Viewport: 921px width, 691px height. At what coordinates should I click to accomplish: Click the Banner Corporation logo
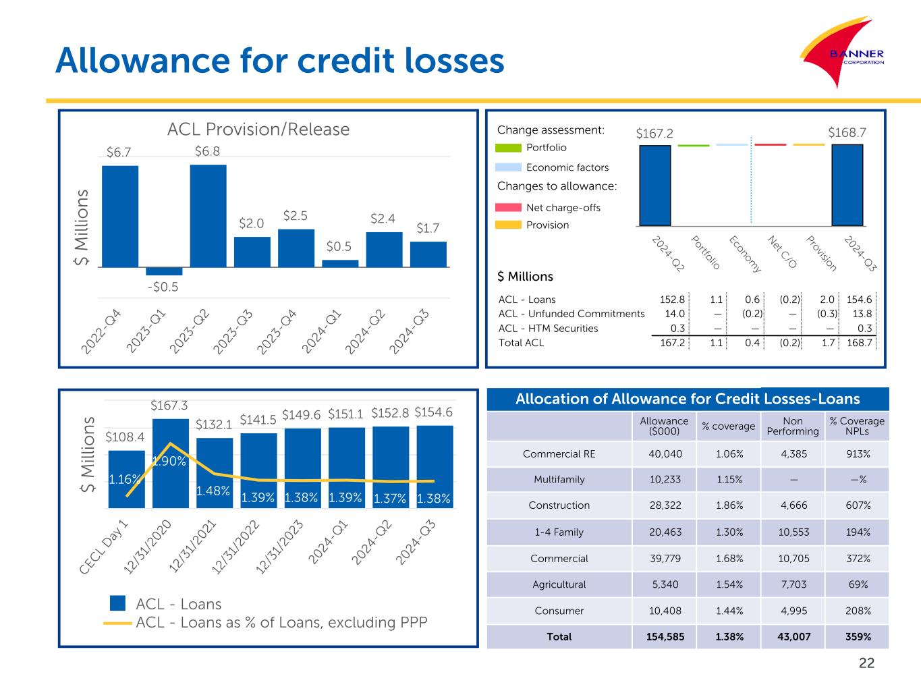coord(843,55)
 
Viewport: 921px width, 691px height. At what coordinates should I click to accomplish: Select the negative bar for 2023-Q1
coord(164,271)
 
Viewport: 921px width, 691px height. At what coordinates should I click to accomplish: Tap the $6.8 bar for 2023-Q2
coord(208,215)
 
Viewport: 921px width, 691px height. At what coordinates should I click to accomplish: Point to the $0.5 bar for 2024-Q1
coord(340,263)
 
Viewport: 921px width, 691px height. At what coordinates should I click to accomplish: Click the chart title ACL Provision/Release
coord(258,129)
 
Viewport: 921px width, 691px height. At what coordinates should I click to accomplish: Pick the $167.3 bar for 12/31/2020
coord(171,463)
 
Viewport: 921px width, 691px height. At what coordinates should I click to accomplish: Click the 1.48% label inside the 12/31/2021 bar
coord(214,491)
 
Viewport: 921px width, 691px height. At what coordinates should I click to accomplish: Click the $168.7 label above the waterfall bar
coord(847,134)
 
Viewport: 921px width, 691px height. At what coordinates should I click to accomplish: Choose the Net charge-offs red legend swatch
coord(508,207)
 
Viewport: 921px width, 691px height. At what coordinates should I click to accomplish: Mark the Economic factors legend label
coord(567,167)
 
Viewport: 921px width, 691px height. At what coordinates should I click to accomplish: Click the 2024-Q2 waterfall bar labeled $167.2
coord(654,185)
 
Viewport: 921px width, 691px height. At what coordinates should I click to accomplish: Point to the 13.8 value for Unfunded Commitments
coord(862,314)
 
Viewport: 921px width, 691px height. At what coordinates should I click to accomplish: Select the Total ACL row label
coord(521,343)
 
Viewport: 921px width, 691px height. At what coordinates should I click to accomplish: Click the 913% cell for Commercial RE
coord(857,454)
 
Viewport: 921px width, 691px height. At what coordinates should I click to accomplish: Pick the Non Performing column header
coord(793,426)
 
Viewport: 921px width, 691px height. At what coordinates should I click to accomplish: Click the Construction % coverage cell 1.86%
coord(729,505)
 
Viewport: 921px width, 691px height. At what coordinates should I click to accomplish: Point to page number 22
coord(866,663)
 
